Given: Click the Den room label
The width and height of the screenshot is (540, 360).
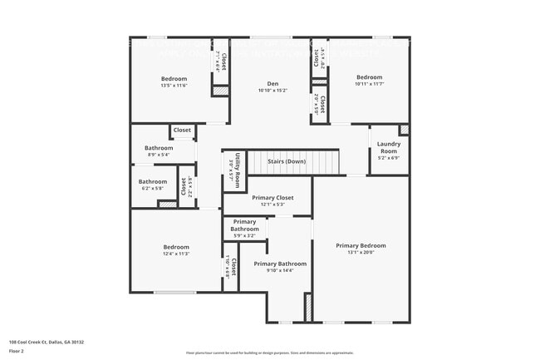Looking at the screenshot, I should pos(272,82).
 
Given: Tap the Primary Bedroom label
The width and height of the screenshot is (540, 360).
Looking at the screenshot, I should pos(361,245).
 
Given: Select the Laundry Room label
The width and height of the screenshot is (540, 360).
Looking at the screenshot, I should pos(389,147).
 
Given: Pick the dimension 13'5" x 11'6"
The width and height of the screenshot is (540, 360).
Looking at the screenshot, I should pos(174,86).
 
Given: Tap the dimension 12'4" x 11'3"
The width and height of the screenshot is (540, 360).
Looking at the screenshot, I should pos(176,253).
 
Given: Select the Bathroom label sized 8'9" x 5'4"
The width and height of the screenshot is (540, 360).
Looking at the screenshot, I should pos(158,148).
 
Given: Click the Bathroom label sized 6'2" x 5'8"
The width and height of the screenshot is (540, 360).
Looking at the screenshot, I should pos(152,181).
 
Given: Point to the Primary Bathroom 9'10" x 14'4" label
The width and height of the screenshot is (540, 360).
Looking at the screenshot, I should pos(274,264).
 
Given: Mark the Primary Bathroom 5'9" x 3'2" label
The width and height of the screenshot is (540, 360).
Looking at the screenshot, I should pos(244,224).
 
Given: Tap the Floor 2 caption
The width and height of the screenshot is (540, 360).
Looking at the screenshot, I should pos(17,351).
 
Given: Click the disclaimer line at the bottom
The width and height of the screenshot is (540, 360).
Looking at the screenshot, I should pos(269,353).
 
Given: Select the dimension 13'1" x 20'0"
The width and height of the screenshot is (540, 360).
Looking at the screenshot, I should pos(361,252).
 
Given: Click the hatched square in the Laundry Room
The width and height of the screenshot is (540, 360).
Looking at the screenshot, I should pos(404,130).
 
